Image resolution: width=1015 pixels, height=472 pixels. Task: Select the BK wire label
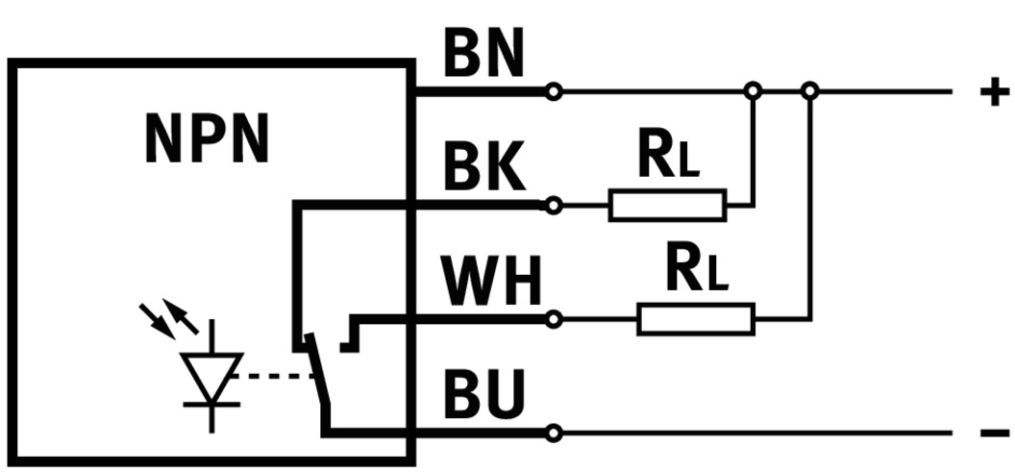484,169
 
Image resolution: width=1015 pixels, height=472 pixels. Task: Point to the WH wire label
491,283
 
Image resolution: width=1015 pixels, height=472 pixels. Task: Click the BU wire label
483,395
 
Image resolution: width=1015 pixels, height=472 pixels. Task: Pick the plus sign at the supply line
994,92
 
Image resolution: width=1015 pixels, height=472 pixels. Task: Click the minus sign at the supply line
994,434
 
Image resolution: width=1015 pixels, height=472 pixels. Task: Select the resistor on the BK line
667,206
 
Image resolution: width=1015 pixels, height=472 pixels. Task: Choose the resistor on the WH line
696,318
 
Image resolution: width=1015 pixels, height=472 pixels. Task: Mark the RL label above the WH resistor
698,272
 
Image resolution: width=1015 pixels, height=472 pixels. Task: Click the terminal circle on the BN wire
553,92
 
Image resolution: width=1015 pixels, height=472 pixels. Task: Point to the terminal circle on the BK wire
553,206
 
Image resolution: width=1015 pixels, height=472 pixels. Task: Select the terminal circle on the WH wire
553,318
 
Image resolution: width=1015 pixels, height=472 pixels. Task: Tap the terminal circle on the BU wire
553,434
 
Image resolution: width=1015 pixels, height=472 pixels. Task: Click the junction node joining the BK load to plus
754,92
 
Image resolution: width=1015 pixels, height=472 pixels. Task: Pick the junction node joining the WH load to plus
810,92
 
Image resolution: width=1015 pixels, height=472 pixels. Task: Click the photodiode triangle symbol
211,376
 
